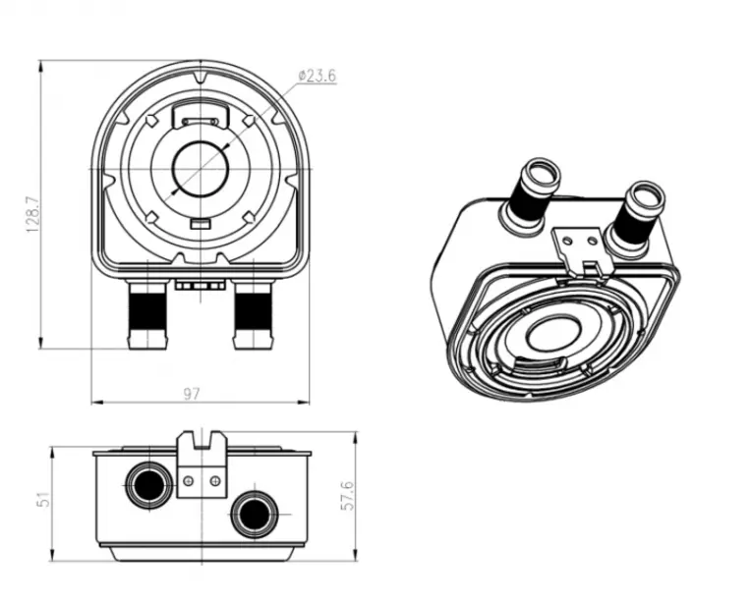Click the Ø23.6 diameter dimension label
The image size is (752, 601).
(317, 76)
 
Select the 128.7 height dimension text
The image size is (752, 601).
(32, 214)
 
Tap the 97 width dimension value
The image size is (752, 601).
(191, 394)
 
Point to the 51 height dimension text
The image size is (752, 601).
(44, 500)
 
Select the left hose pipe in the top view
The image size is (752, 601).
(147, 315)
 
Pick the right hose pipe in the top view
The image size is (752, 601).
(254, 315)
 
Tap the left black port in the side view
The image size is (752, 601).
(149, 484)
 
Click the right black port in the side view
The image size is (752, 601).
(255, 515)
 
